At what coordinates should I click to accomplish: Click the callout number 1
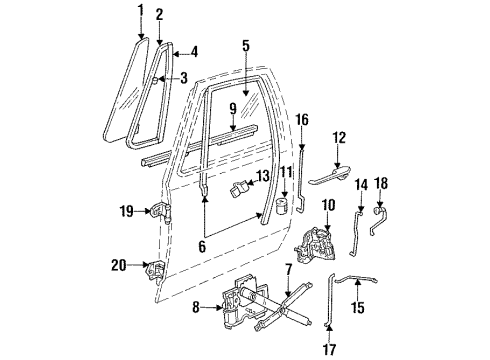139,11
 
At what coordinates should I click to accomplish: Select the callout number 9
232,109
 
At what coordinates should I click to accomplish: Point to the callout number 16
301,120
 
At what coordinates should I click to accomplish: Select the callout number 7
289,271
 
